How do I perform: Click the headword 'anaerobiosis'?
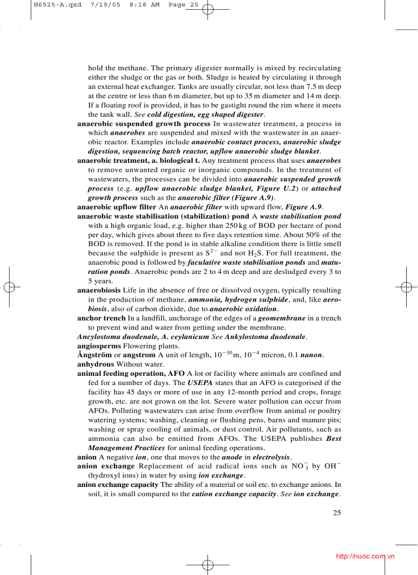[x=99, y=291]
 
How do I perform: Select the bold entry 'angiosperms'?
[x=99, y=346]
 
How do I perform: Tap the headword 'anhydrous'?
[x=95, y=365]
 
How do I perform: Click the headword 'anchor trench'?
[x=101, y=318]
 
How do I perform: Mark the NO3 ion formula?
[x=297, y=466]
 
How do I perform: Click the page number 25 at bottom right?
[x=337, y=513]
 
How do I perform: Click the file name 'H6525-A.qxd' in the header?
[x=50, y=5]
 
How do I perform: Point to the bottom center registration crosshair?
[x=207, y=565]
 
